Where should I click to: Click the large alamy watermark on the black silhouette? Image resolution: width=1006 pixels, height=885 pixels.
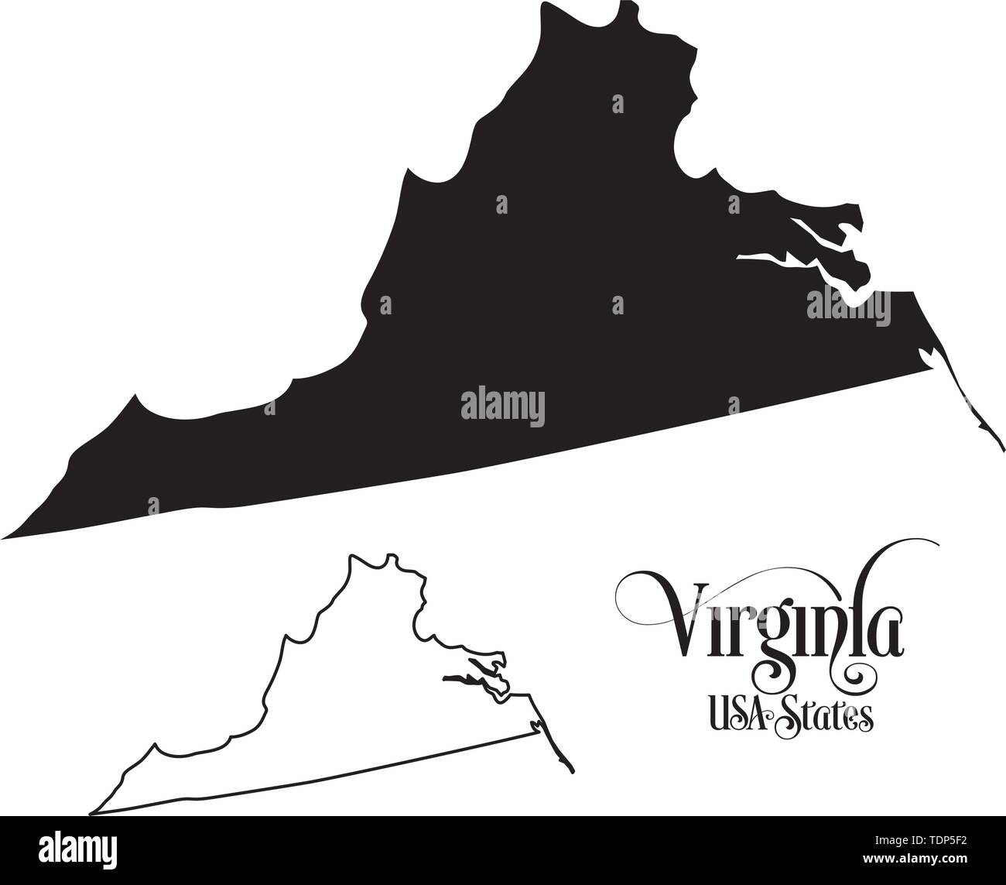pyautogui.click(x=502, y=406)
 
